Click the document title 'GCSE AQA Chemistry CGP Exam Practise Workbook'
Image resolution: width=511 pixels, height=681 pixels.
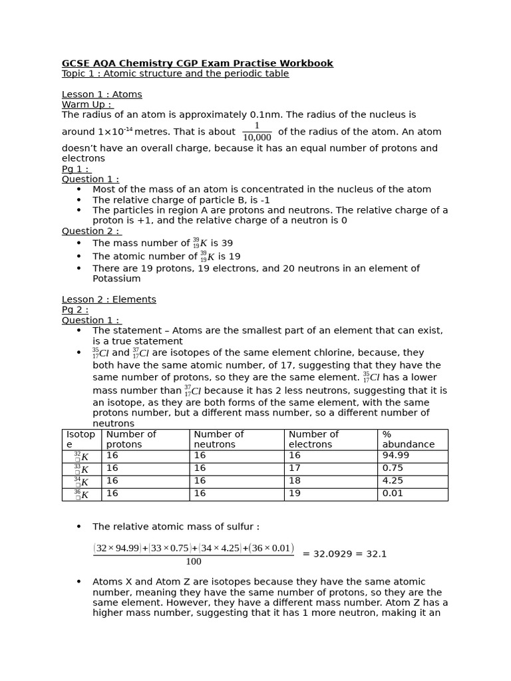click(x=198, y=63)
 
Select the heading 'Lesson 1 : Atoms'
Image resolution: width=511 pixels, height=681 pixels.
click(x=102, y=94)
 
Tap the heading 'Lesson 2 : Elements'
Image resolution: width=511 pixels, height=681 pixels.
click(x=109, y=299)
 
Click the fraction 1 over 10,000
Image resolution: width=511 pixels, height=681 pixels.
click(x=256, y=132)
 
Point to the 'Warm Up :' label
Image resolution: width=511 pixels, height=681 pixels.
click(x=87, y=104)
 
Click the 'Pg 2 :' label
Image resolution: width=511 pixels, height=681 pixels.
click(x=75, y=310)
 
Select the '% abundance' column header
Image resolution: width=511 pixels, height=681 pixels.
click(x=408, y=439)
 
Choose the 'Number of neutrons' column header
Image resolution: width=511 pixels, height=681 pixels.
click(x=218, y=439)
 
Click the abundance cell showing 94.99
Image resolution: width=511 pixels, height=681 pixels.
click(x=396, y=456)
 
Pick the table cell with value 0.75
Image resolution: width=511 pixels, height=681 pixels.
click(x=393, y=468)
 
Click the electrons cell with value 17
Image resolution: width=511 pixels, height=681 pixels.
click(x=295, y=468)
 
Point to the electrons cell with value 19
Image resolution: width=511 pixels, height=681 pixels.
click(x=295, y=493)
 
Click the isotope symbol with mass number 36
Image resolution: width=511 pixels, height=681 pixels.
click(x=82, y=494)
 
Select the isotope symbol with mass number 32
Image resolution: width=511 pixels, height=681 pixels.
click(x=82, y=456)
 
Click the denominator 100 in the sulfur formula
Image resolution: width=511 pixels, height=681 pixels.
click(x=194, y=562)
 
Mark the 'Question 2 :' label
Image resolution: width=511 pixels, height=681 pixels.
click(x=90, y=231)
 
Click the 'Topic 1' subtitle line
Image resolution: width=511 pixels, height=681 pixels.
click(x=175, y=74)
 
